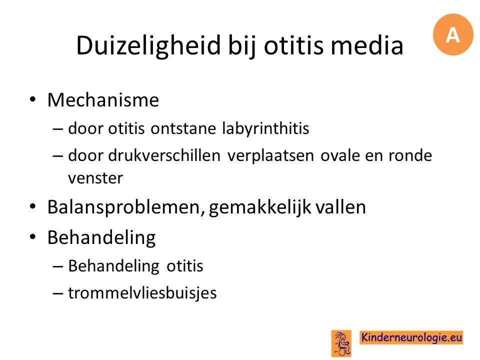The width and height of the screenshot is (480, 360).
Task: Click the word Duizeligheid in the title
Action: coord(148,45)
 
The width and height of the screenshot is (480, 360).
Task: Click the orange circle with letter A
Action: coord(453,34)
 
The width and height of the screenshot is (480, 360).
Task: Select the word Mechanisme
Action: coord(103,100)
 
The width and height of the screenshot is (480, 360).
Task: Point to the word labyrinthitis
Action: coord(265,128)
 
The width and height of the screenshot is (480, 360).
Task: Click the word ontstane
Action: coord(183,128)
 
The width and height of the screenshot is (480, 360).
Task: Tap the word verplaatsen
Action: coord(270,156)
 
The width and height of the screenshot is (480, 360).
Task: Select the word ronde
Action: coord(410,155)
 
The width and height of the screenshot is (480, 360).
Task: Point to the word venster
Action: coord(95,178)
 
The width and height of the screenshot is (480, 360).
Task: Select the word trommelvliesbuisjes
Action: coord(142,293)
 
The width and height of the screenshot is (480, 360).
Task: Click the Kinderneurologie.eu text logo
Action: coord(411,337)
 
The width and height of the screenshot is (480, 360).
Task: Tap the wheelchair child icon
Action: coord(341,343)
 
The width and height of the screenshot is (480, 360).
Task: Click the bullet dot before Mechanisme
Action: coord(33,100)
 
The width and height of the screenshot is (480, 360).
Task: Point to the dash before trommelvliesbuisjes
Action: coord(58,293)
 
